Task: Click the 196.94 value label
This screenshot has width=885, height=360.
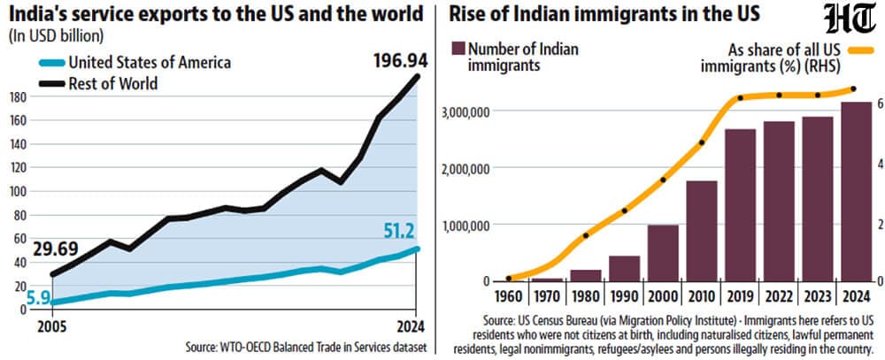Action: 401,60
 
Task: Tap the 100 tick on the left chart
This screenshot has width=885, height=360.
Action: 19,191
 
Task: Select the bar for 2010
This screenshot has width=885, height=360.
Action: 702,231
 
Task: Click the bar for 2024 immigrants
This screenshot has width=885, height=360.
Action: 856,191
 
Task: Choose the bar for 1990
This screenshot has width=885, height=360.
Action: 625,269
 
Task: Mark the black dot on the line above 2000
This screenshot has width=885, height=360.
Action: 663,180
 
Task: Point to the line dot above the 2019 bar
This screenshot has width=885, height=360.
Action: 741,98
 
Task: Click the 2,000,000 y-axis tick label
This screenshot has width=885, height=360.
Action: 461,167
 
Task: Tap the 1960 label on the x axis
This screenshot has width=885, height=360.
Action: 509,296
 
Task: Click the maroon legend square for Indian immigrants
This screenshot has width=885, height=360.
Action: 458,50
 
